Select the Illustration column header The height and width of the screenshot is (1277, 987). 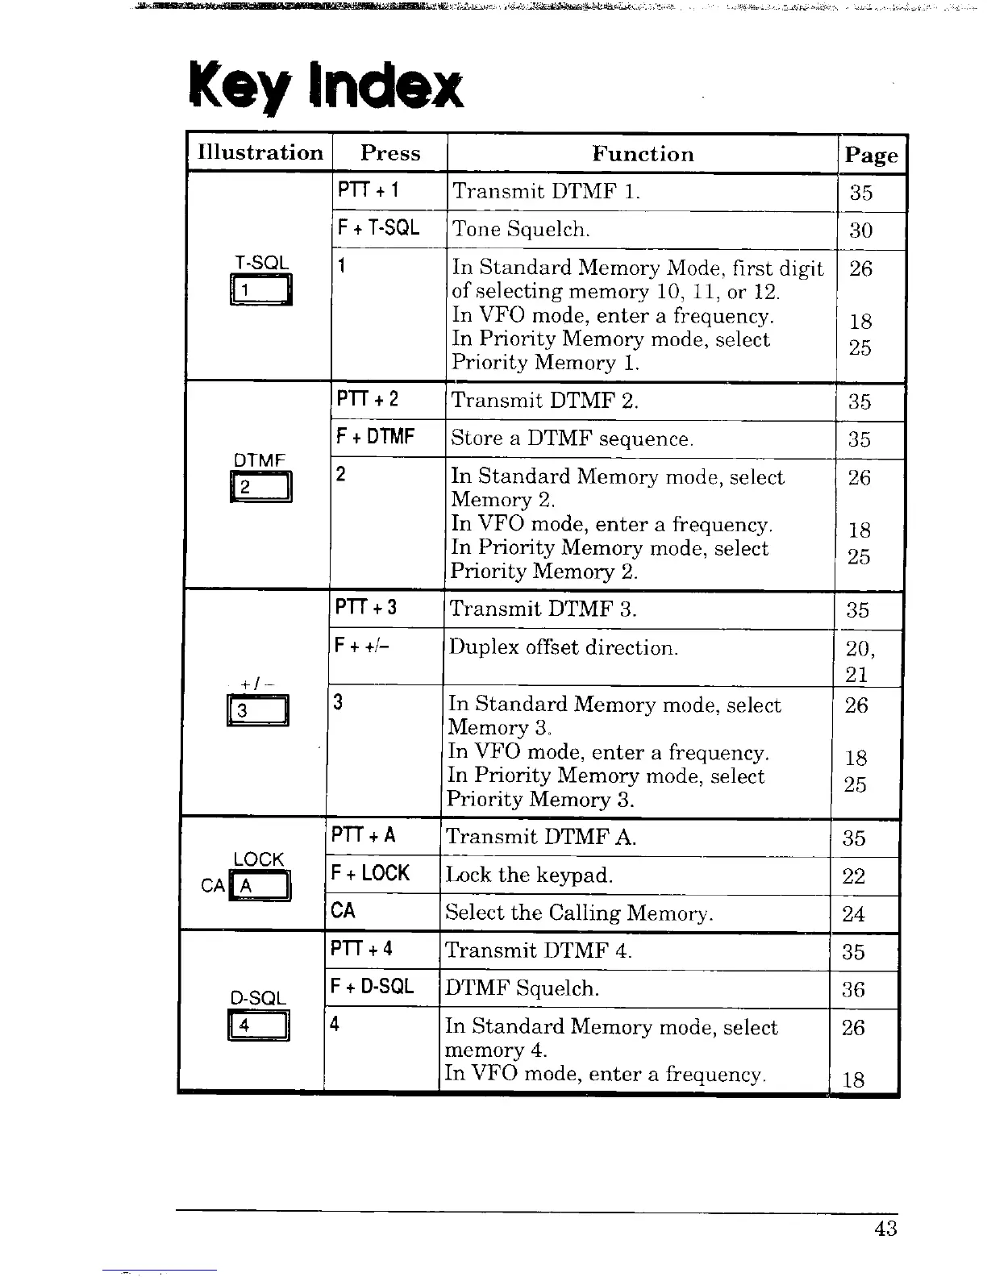pyautogui.click(x=260, y=153)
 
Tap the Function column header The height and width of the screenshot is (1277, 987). pyautogui.click(x=643, y=154)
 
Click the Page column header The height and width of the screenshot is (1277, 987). pyautogui.click(x=871, y=155)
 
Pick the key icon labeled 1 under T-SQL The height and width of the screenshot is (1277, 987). pyautogui.click(x=261, y=290)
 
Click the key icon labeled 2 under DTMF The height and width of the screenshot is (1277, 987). pyautogui.click(x=261, y=488)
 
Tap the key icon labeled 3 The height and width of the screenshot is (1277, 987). pyautogui.click(x=258, y=711)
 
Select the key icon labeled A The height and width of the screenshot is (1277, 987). pyautogui.click(x=260, y=887)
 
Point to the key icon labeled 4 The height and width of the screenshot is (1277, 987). pyautogui.click(x=259, y=1025)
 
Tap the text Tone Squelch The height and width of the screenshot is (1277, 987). pyautogui.click(x=521, y=230)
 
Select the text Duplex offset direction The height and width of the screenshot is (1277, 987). pyautogui.click(x=564, y=647)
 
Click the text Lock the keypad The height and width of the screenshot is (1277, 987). pyautogui.click(x=529, y=876)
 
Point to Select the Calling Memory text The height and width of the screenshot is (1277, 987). pyautogui.click(x=579, y=913)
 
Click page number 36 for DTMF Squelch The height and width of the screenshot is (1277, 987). pyautogui.click(x=853, y=989)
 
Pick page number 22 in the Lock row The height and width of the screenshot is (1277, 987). pyautogui.click(x=853, y=876)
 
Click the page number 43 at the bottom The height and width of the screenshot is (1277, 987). pyautogui.click(x=885, y=1229)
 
